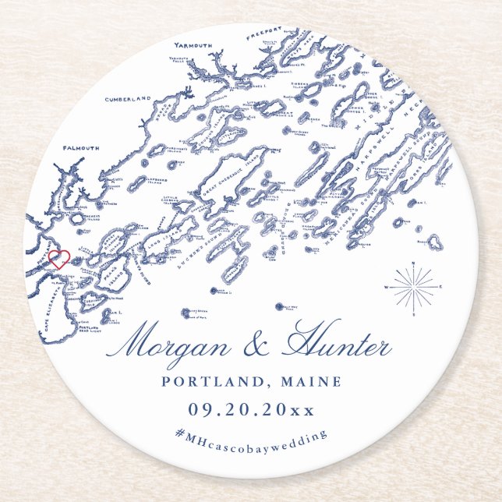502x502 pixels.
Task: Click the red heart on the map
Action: (x=59, y=259)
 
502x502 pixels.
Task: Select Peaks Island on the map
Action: (x=115, y=277)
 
